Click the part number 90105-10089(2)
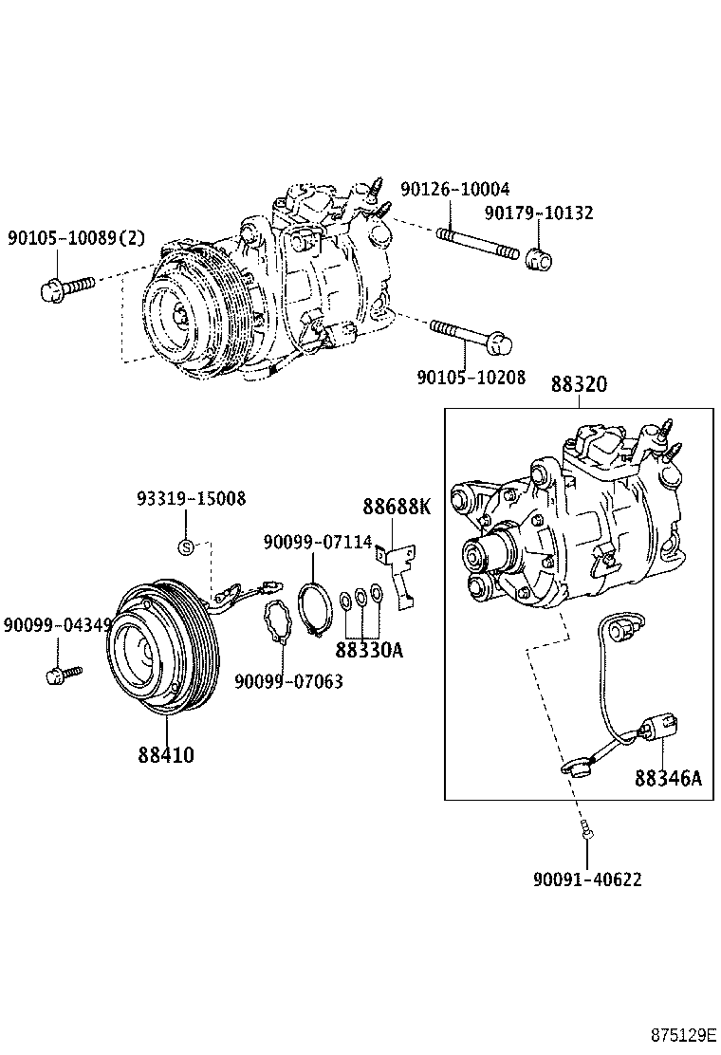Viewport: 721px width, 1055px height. pos(77,238)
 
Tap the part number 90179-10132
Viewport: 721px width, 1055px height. pos(539,213)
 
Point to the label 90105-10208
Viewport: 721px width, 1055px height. pos(471,377)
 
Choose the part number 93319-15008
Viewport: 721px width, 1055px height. pos(191,498)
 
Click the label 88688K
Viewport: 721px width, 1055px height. pos(396,507)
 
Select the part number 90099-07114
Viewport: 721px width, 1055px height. pos(318,542)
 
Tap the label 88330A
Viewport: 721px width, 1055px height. pos(369,651)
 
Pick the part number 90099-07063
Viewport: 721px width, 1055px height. pos(288,681)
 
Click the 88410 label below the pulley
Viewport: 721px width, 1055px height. pos(166,755)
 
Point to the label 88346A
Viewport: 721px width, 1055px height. pos(668,778)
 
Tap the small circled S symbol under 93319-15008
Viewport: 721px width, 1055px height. pos(187,546)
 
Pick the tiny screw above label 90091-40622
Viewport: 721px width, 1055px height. pos(586,832)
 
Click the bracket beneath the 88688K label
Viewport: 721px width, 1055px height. pos(399,573)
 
